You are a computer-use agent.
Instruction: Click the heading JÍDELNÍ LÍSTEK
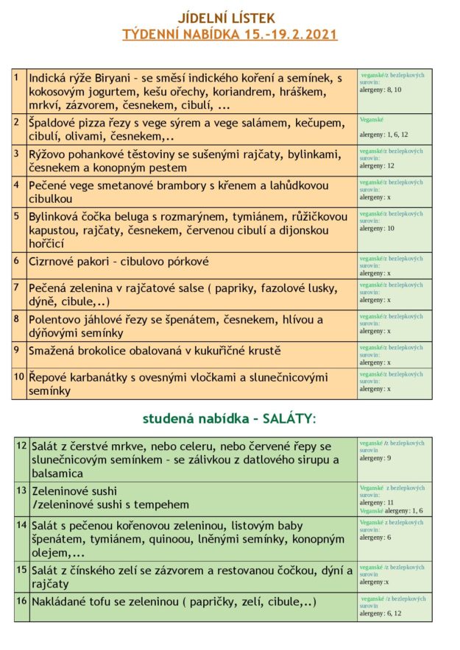point(230,18)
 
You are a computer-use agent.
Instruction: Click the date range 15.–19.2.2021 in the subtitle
point(292,35)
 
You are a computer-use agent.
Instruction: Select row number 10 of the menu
point(19,376)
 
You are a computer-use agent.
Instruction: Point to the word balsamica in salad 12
point(56,474)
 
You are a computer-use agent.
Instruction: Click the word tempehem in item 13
point(160,504)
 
